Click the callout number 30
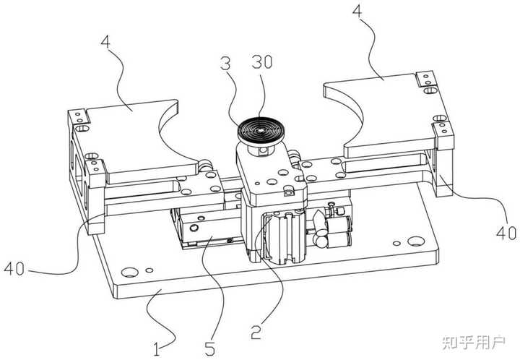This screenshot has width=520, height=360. [x=261, y=62]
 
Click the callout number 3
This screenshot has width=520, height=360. [x=225, y=64]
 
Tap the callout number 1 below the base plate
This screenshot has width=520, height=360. [x=157, y=349]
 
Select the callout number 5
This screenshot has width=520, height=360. [x=209, y=348]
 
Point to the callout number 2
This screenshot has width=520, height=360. [x=256, y=332]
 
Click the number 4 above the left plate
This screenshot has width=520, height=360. [x=105, y=42]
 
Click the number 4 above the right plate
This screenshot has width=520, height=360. [x=357, y=12]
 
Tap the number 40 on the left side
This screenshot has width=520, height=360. [x=14, y=268]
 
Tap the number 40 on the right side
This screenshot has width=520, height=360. [x=506, y=233]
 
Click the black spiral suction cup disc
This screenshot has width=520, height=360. [x=261, y=131]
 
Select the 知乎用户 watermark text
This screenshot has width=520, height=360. [x=474, y=342]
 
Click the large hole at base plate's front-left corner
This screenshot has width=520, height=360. [x=130, y=272]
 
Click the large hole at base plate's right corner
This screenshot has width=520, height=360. [x=416, y=241]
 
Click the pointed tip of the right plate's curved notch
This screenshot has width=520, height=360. [x=325, y=87]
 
